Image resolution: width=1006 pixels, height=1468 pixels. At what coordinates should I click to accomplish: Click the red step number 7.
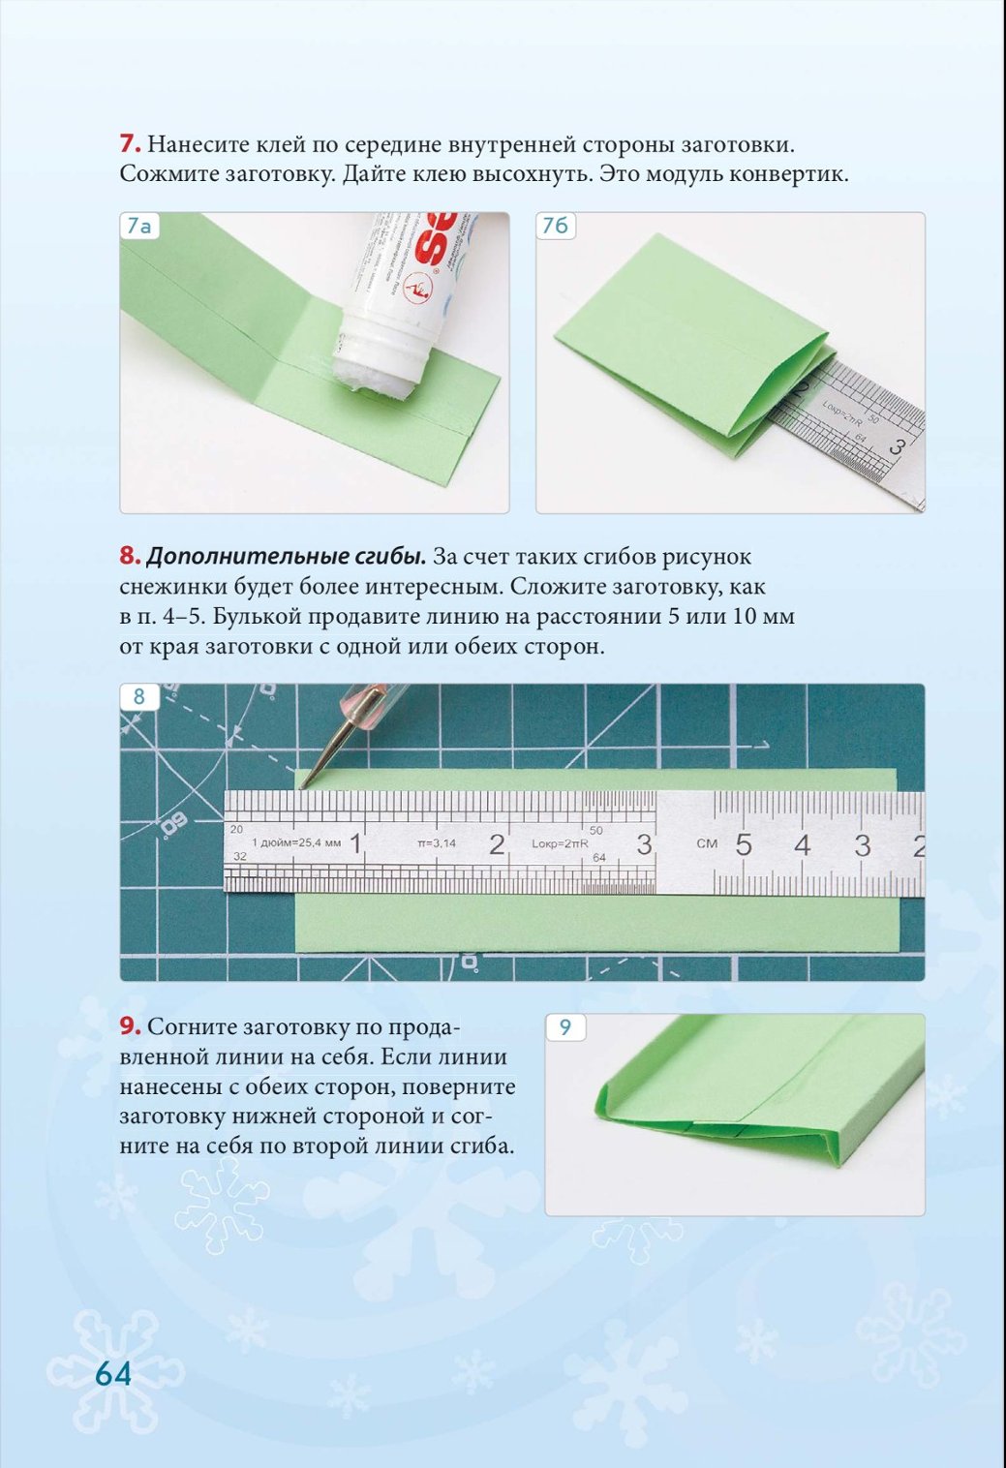(x=130, y=143)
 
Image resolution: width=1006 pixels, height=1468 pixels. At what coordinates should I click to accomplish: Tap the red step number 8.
(x=130, y=557)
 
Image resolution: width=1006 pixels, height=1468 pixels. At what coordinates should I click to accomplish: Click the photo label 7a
(x=138, y=226)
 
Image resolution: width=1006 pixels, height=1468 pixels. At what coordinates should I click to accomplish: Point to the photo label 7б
(x=556, y=226)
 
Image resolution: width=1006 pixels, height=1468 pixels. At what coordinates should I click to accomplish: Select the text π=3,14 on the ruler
(x=437, y=842)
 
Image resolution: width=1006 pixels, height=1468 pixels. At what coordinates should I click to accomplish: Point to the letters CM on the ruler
(x=707, y=842)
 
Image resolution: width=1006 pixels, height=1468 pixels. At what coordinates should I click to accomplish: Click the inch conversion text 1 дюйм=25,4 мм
(x=296, y=842)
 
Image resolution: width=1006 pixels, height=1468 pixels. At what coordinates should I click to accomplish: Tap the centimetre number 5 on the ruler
(x=744, y=845)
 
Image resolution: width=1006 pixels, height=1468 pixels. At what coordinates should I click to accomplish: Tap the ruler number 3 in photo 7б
(x=899, y=448)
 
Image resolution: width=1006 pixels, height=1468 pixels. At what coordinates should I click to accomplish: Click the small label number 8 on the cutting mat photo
(x=138, y=696)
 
